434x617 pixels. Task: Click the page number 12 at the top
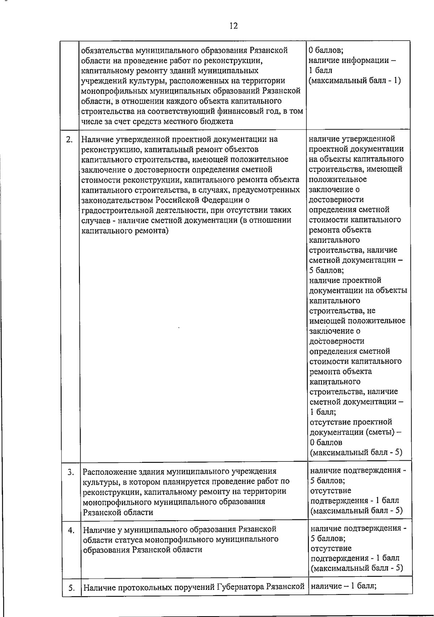tap(233, 26)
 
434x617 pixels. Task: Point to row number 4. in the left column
tap(71, 531)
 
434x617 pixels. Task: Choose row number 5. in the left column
tap(71, 588)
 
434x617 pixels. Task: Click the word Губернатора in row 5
tap(240, 587)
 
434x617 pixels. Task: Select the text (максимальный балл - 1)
tap(355, 80)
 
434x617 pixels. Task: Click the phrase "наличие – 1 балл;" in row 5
tap(344, 586)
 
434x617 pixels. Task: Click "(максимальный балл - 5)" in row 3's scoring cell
tap(357, 511)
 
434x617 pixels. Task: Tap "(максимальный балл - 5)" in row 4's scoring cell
tap(357, 568)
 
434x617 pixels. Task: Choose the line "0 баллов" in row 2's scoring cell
tap(326, 442)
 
